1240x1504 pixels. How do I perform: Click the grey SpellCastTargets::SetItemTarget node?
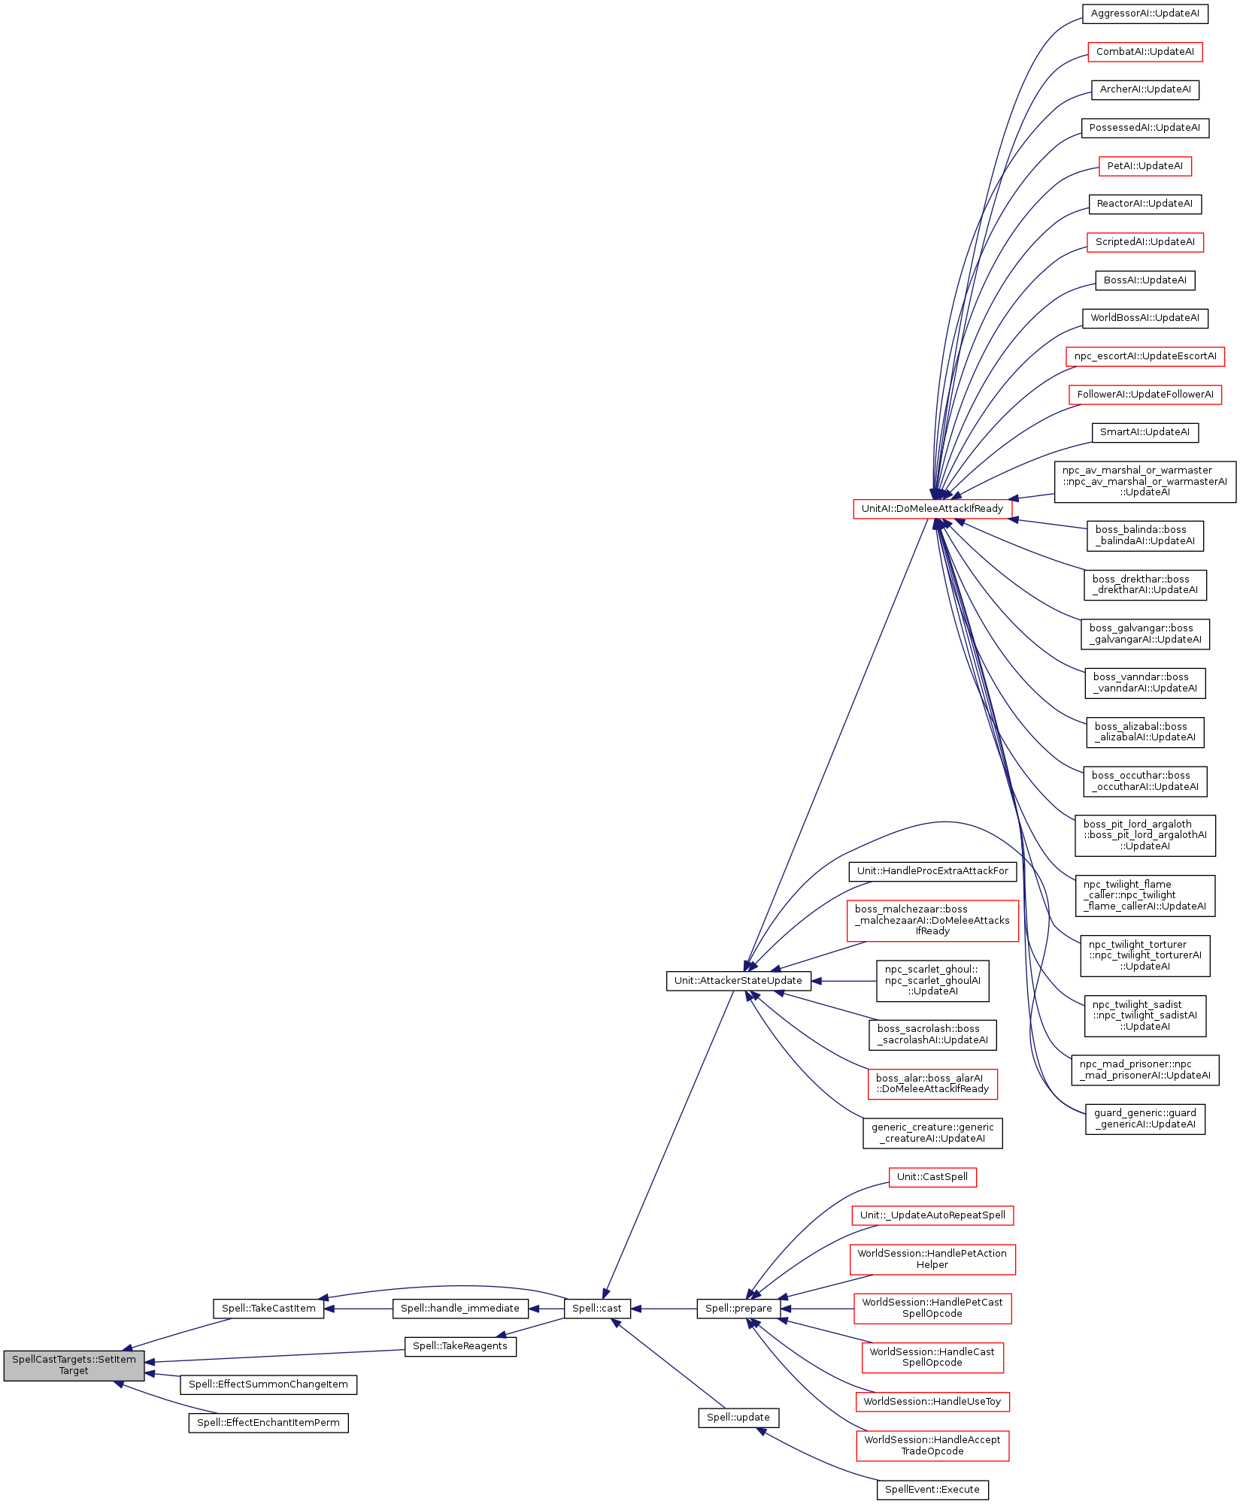tap(74, 1365)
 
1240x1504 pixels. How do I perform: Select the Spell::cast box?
tap(597, 1309)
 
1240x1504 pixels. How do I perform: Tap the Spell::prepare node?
tap(738, 1309)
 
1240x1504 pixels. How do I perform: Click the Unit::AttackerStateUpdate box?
tap(738, 981)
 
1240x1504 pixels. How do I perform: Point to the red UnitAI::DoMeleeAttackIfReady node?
tap(932, 509)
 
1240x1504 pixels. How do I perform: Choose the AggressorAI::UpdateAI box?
tap(1144, 14)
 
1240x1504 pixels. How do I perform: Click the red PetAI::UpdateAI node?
tap(1144, 166)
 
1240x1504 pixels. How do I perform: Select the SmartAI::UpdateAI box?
tap(1144, 432)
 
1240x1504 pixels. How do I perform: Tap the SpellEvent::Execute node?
tap(932, 1490)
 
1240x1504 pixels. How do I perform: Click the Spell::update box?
tap(738, 1418)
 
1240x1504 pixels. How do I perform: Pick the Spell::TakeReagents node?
tap(460, 1346)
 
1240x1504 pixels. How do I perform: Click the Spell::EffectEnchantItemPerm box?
tap(268, 1423)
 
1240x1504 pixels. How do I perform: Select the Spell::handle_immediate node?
tap(460, 1309)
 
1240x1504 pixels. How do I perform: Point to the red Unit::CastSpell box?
tap(932, 1177)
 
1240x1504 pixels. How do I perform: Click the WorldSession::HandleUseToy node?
tap(932, 1402)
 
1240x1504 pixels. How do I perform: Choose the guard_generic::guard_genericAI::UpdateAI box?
tap(1144, 1119)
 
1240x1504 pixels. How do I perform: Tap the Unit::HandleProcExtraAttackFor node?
tap(932, 871)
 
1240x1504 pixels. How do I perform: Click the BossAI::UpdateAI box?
tap(1144, 280)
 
